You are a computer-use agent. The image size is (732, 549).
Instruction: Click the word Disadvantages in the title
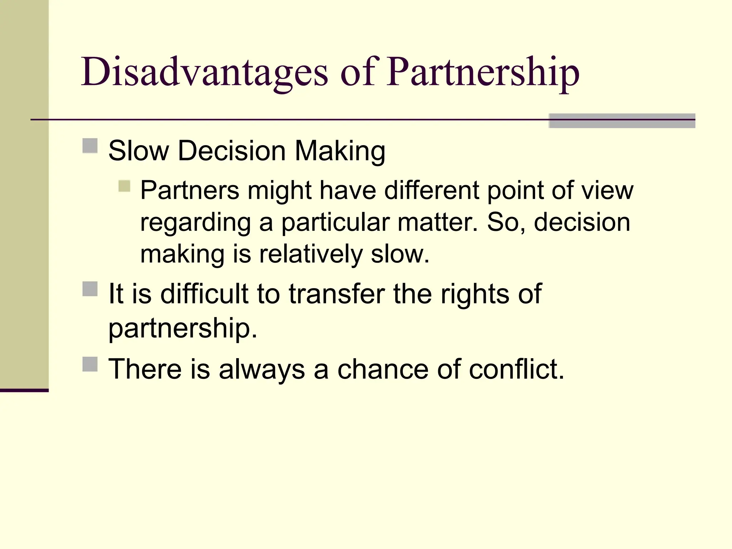coord(204,73)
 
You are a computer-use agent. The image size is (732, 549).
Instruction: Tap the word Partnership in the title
coord(483,73)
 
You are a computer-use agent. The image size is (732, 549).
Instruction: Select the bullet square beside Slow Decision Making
coord(90,146)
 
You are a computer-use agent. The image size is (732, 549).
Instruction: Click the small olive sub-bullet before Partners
coord(124,186)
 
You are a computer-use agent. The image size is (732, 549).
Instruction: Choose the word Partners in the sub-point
coord(189,190)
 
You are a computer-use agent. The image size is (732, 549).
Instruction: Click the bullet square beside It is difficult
coord(90,289)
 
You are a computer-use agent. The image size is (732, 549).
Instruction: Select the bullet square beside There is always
coord(90,364)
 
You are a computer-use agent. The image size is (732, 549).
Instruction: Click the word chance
coord(382,369)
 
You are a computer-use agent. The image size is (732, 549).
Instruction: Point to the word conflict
coord(516,369)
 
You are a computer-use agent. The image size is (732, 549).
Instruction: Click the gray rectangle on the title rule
coord(622,121)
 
